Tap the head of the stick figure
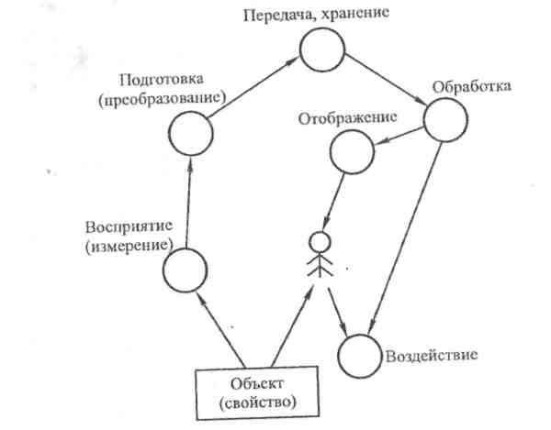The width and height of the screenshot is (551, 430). (318, 242)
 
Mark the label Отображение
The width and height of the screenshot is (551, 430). (346, 117)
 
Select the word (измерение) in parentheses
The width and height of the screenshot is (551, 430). (126, 246)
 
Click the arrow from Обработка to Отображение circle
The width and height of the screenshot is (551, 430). (397, 137)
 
